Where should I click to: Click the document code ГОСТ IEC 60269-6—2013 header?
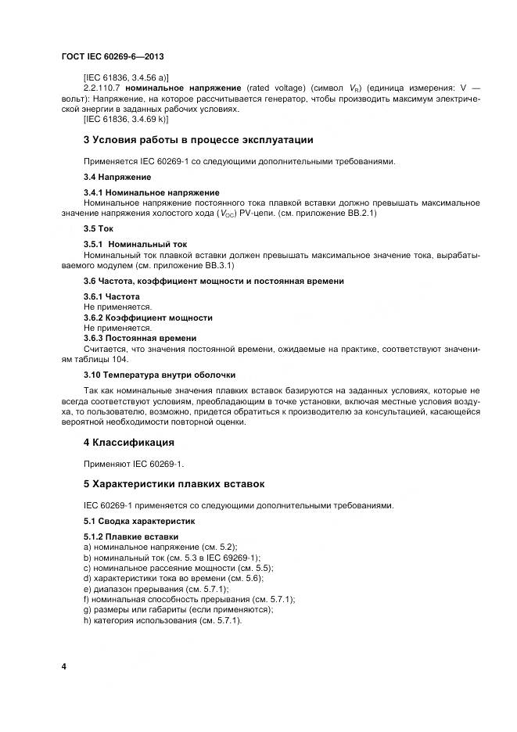point(111,57)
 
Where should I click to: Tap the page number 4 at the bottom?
point(64,666)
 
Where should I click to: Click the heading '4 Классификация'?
point(128,443)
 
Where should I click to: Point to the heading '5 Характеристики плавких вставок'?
point(174,484)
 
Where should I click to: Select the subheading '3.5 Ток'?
point(99,228)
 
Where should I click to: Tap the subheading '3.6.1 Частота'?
point(112,296)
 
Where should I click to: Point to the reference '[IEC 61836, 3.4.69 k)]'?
point(127,119)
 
